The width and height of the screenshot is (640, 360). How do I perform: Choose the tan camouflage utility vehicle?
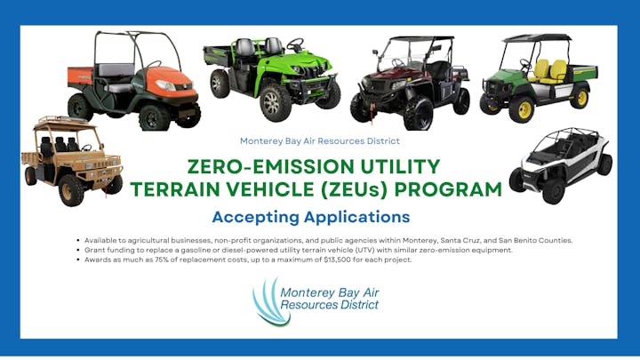point(69,160)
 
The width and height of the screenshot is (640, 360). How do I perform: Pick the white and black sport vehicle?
point(561,164)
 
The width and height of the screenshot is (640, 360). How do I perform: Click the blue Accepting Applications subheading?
point(310,216)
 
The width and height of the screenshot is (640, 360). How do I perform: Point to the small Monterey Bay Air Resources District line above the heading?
point(320,140)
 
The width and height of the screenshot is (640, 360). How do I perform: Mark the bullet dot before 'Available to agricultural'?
point(79,241)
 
